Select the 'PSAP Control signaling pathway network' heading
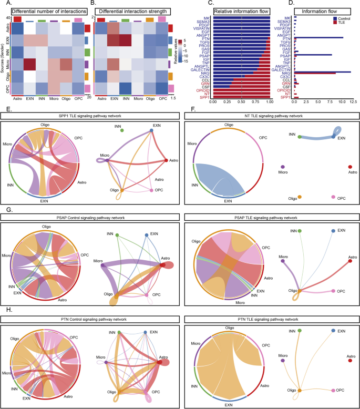click(x=89, y=217)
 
